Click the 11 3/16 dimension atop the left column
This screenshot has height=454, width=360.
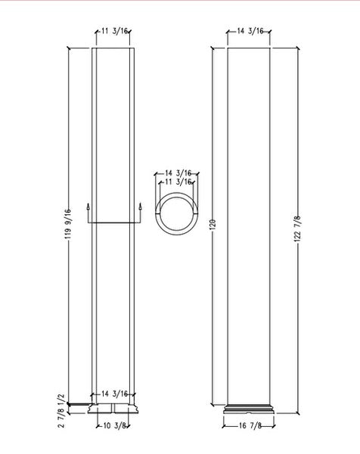[x=113, y=32]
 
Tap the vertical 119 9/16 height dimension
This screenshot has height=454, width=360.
[x=67, y=224]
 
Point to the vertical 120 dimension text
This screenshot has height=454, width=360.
[x=213, y=225]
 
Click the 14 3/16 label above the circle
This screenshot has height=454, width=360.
[x=177, y=173]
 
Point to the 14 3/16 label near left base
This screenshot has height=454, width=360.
[x=113, y=393]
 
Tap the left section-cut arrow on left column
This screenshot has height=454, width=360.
[x=88, y=207]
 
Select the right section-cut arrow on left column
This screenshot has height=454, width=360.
[x=141, y=207]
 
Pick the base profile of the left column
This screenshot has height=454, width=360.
[x=113, y=410]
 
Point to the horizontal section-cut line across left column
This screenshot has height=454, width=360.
[x=113, y=222]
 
